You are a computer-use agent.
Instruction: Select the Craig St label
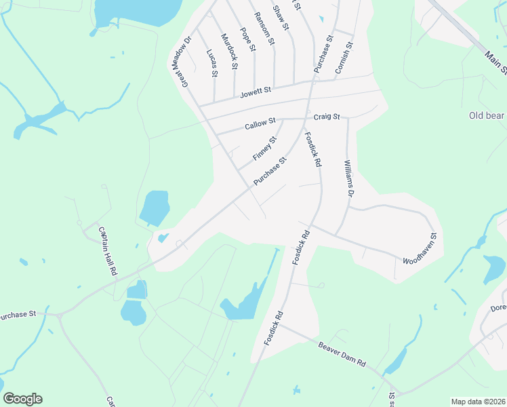326,117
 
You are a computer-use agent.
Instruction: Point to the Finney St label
265,149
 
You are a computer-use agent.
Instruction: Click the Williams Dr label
348,178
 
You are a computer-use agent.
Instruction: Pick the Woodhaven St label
421,249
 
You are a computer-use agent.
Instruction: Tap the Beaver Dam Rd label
342,353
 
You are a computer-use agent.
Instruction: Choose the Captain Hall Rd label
107,250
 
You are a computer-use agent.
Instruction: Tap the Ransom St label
264,28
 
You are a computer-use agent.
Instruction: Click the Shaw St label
281,18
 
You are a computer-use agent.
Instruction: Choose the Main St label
498,60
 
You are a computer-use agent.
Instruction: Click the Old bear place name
487,115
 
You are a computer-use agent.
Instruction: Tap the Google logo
22,399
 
